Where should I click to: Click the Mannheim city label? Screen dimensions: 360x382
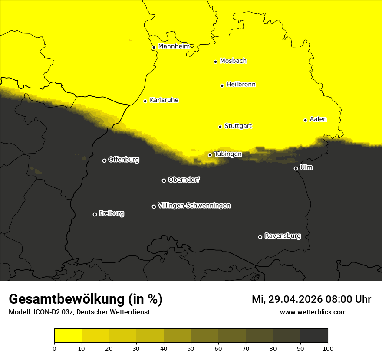click(x=174, y=46)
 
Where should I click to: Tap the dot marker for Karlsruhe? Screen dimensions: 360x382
click(x=145, y=101)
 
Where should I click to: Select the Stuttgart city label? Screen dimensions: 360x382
click(x=238, y=126)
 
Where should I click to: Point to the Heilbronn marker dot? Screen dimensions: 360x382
click(x=222, y=85)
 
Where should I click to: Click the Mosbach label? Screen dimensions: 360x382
click(x=233, y=61)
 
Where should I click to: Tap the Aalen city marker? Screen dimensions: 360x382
click(x=305, y=120)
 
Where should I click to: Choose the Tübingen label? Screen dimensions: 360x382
click(x=228, y=154)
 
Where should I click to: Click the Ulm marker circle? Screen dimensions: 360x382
click(x=296, y=168)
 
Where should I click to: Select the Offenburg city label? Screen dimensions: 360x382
click(x=124, y=160)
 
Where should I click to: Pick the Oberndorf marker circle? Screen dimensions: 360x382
click(x=164, y=180)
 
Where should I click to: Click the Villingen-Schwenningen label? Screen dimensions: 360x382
click(x=194, y=206)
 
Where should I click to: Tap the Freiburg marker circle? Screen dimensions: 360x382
click(x=95, y=214)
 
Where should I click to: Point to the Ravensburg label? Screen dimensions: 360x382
click(x=283, y=236)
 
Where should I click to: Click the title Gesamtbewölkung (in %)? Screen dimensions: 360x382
click(x=86, y=299)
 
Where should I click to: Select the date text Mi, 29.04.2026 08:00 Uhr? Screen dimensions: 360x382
click(x=311, y=299)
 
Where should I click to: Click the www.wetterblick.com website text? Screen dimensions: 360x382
click(x=313, y=312)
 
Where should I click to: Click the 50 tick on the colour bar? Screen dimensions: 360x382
click(x=191, y=348)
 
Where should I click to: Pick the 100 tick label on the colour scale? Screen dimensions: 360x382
click(x=328, y=348)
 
